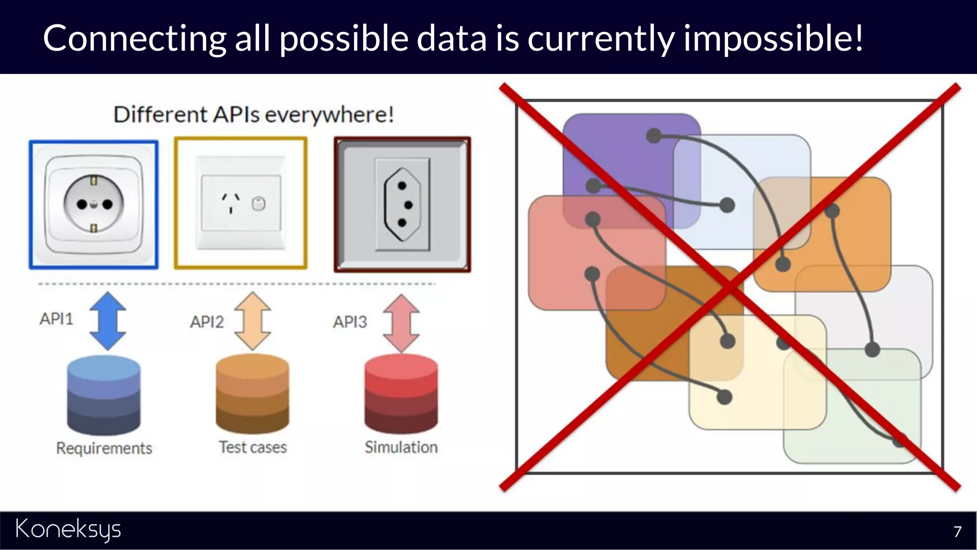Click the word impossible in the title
coord(773,38)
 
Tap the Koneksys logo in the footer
coord(68,530)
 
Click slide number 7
coord(957,531)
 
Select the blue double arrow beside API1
coord(108,321)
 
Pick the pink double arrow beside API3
coord(401,323)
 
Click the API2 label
coord(207,322)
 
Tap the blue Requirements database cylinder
coord(104,395)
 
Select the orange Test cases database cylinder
coord(252,393)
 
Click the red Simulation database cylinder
coord(401,393)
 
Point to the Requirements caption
coord(104,448)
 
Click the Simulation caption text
coord(401,447)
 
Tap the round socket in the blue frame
coord(94,204)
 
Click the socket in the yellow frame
coord(240,203)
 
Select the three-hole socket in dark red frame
coord(402,204)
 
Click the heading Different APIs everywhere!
coord(253,115)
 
